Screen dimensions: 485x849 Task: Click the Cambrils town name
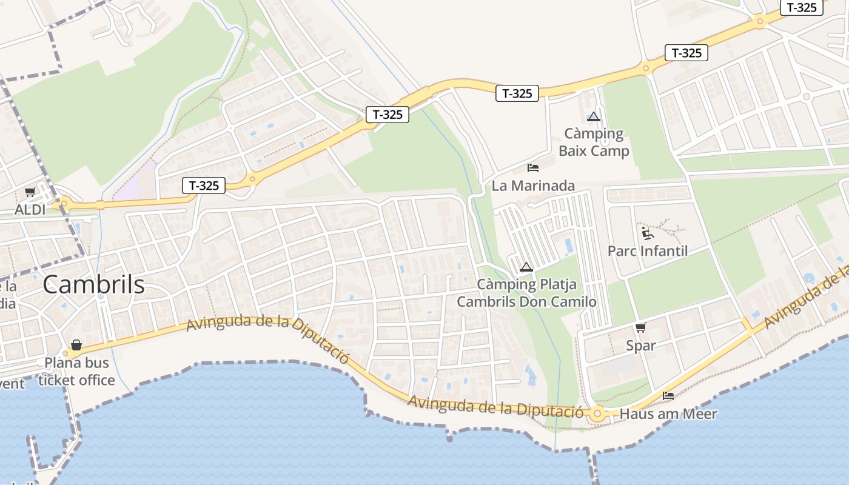[93, 284]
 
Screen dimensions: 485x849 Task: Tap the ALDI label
[30, 210]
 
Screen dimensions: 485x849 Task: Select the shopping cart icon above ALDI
[30, 192]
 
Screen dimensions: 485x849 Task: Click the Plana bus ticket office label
[76, 372]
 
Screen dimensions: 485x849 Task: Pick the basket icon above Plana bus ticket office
[76, 345]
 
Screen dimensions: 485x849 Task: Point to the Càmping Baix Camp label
[594, 142]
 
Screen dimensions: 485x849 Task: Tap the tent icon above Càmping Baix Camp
[593, 116]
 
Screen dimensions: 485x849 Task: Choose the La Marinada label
[533, 186]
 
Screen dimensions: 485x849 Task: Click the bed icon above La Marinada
[533, 167]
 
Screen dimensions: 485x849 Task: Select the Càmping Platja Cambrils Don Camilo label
[526, 293]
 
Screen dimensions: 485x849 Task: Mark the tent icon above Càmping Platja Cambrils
[526, 267]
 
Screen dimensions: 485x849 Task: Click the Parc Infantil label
[648, 250]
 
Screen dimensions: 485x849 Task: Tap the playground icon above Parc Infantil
[648, 233]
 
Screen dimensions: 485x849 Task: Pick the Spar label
[641, 346]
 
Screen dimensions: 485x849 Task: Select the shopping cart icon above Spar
[641, 328]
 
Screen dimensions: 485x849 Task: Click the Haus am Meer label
[669, 414]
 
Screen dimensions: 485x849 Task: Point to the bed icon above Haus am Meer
[668, 396]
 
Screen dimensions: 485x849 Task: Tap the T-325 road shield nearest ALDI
[204, 186]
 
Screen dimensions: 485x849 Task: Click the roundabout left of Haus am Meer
[597, 415]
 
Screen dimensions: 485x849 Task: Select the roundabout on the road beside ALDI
[64, 204]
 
